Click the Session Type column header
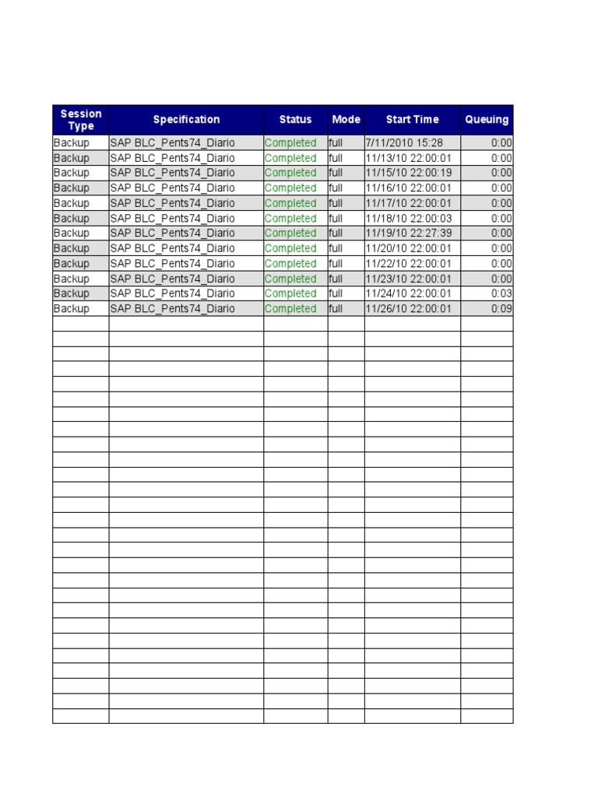click(81, 120)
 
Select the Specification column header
click(186, 120)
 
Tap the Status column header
click(295, 120)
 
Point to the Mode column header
click(346, 120)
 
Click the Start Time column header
click(412, 120)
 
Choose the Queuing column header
click(487, 120)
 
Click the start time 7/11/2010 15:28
click(404, 143)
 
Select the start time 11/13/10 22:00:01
click(409, 158)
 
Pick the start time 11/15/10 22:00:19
click(409, 173)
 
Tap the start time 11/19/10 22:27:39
click(409, 233)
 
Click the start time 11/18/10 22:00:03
click(409, 219)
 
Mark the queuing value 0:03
click(501, 293)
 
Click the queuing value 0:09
click(501, 309)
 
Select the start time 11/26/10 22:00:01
click(409, 309)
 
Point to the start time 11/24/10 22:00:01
click(409, 293)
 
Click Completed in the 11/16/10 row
click(290, 188)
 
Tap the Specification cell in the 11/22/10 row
click(172, 264)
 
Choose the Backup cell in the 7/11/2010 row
click(72, 143)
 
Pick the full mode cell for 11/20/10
click(336, 248)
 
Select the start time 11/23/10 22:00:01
click(409, 279)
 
